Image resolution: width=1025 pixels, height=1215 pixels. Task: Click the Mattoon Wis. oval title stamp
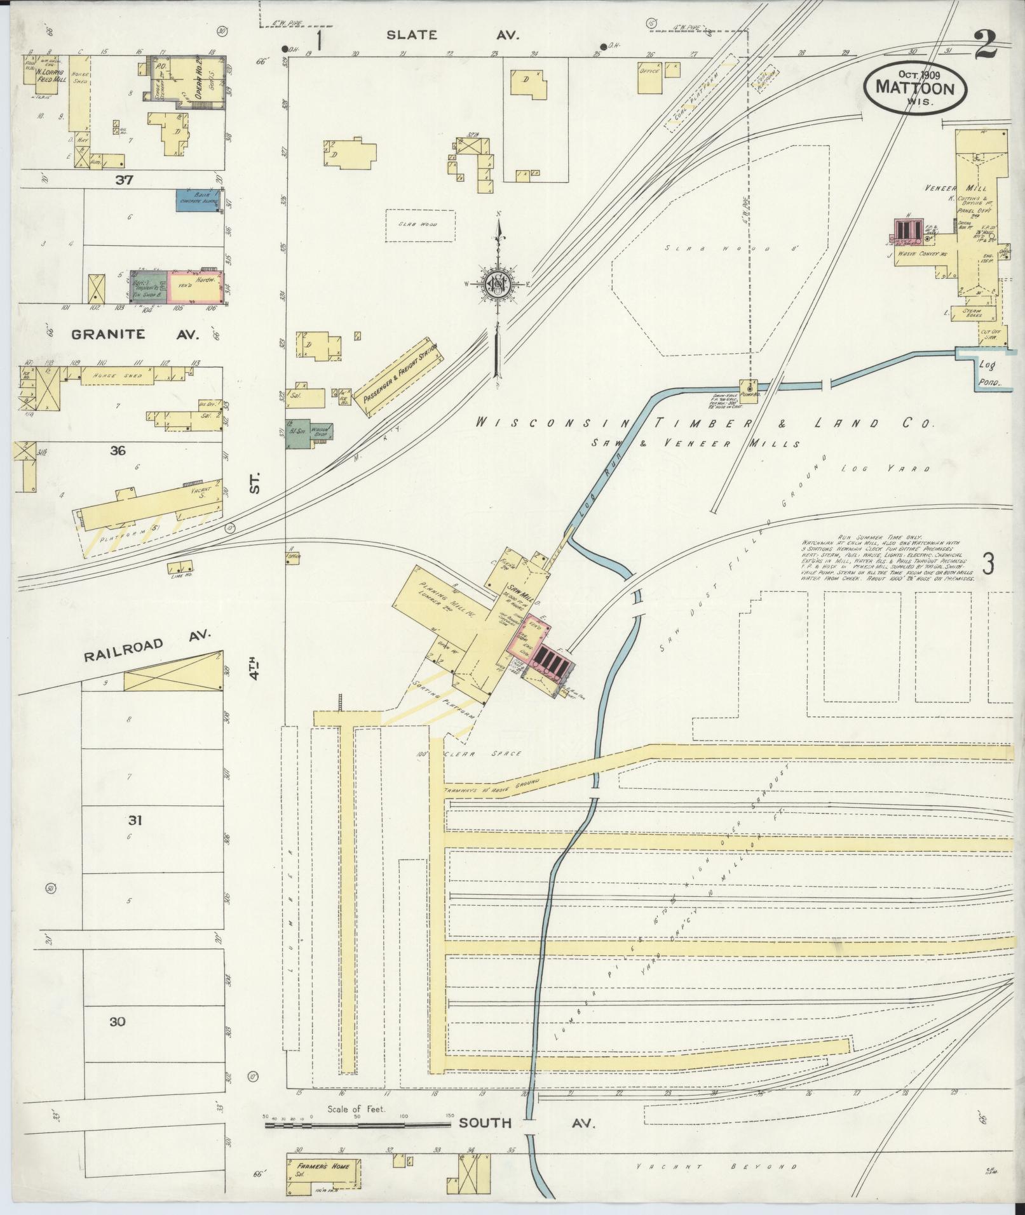914,88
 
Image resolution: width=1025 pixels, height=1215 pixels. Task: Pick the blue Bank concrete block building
199,201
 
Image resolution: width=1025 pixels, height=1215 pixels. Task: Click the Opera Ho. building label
198,78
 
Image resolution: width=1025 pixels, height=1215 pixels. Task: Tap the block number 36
118,451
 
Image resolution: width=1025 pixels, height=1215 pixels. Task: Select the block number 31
134,821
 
